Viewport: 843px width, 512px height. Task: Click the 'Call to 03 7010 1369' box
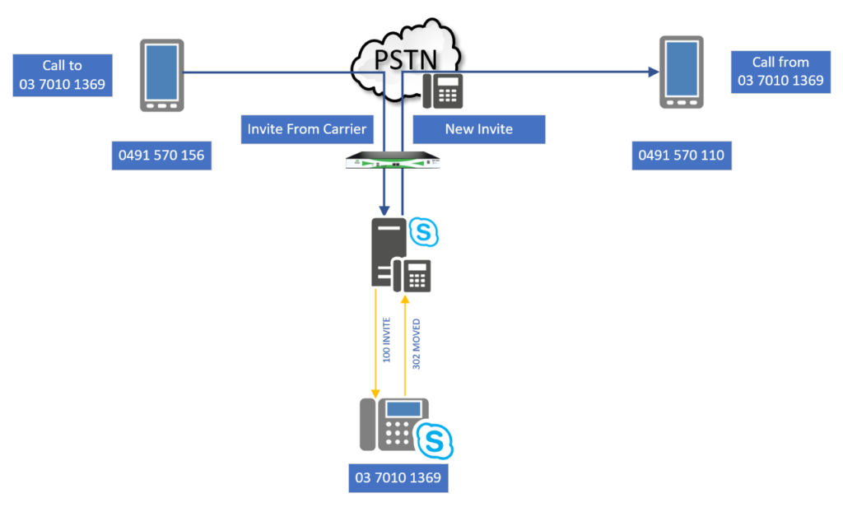click(63, 75)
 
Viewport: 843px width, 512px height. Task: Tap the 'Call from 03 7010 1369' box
click(780, 72)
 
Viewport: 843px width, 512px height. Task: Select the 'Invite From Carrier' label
click(307, 129)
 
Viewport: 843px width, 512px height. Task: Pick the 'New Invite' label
click(479, 129)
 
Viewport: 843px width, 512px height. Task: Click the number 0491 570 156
click(161, 156)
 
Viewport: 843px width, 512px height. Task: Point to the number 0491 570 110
click(682, 156)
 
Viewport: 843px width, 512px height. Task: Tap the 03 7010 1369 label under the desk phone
click(398, 477)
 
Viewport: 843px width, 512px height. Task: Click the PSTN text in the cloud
click(406, 59)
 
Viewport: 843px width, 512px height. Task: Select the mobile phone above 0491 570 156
click(162, 75)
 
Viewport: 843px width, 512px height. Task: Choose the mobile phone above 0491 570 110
click(682, 72)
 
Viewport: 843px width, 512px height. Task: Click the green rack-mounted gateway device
click(393, 161)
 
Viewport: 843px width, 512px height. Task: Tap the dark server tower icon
click(389, 252)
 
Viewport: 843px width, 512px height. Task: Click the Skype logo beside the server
click(424, 232)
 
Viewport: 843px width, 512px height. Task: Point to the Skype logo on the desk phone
click(435, 441)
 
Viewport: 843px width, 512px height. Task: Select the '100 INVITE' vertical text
click(387, 340)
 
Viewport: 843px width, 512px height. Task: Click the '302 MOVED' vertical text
click(416, 344)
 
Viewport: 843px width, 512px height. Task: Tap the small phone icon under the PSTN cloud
click(442, 91)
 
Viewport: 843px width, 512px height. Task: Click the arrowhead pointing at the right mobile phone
click(654, 72)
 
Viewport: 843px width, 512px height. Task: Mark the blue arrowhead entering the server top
click(384, 210)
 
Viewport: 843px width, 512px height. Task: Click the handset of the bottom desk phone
click(368, 425)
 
